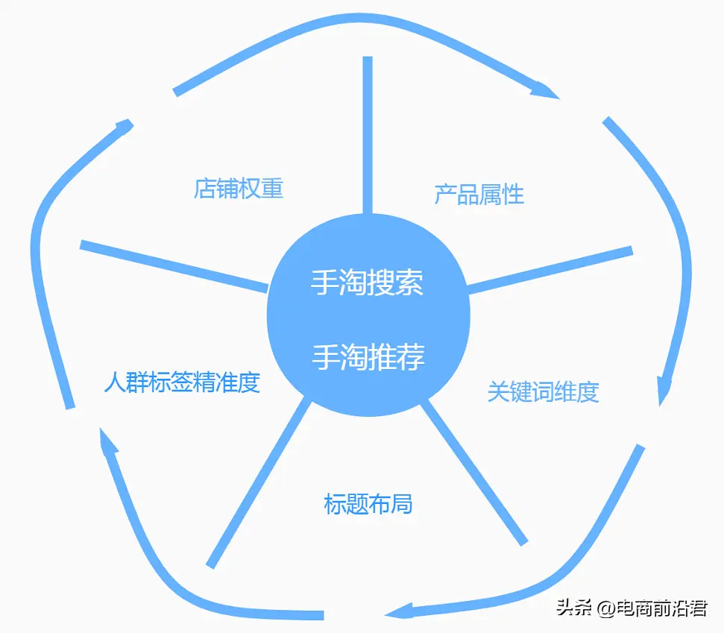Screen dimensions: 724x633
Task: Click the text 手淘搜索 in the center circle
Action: point(367,282)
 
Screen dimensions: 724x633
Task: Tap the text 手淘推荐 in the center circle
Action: point(368,357)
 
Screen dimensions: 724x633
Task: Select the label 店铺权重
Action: point(239,189)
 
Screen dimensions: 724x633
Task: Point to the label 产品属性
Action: point(479,195)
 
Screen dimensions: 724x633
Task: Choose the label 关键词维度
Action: point(544,392)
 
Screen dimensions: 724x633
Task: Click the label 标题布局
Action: point(368,504)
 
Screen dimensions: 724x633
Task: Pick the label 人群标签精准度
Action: point(182,382)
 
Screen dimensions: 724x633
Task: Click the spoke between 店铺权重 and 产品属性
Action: point(368,135)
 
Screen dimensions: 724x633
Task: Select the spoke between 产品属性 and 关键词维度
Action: point(550,271)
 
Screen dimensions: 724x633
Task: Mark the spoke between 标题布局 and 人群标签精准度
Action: point(259,482)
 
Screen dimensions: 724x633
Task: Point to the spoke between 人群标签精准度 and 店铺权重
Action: point(174,266)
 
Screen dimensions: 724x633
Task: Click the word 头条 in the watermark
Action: point(574,608)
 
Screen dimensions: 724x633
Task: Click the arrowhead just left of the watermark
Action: point(398,611)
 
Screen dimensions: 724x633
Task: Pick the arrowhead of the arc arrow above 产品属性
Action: point(545,90)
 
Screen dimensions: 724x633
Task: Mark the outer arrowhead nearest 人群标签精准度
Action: point(109,440)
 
